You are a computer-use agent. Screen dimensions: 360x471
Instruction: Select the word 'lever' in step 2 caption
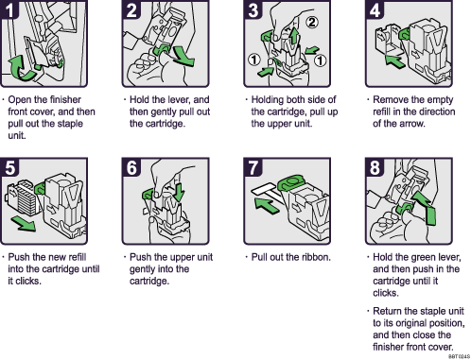pos(183,98)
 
